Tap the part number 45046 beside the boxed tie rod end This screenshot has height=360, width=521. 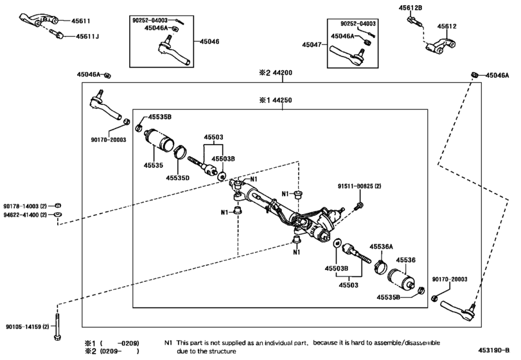tap(210, 41)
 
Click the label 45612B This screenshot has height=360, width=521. tap(414, 7)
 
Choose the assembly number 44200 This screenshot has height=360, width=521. tap(283, 73)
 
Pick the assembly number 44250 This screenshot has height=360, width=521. tap(283, 100)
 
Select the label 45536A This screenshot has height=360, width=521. tap(381, 246)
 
